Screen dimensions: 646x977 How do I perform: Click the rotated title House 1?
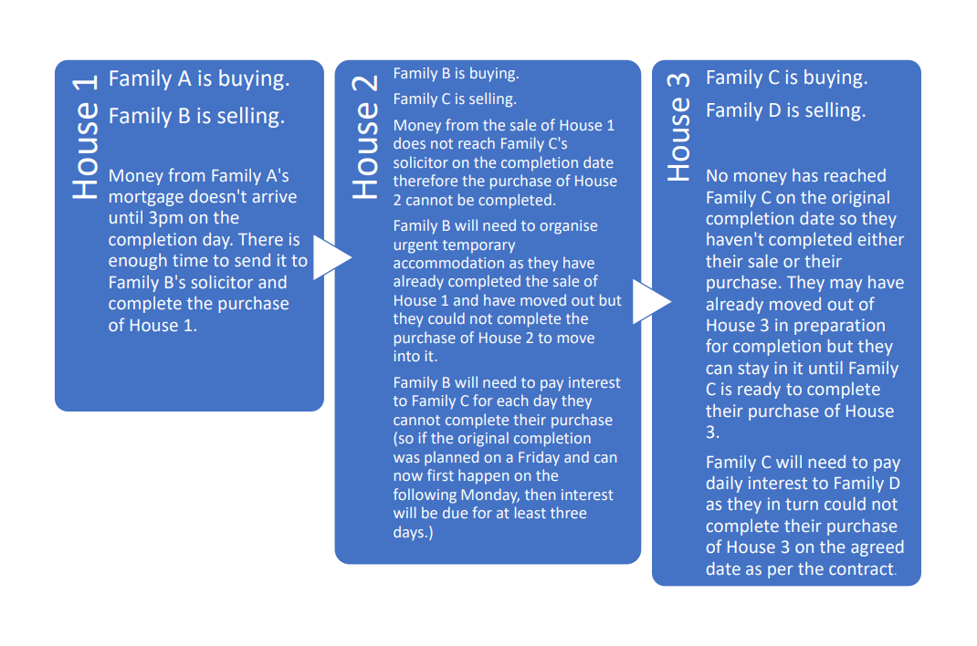(x=84, y=138)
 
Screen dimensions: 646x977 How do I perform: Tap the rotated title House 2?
(x=364, y=138)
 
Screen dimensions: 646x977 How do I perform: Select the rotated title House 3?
(x=678, y=127)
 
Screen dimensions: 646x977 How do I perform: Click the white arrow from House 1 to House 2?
(x=331, y=257)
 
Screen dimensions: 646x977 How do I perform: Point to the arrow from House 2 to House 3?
(x=651, y=302)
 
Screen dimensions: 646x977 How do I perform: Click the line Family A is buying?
(x=199, y=79)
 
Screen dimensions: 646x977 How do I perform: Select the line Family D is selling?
(x=786, y=111)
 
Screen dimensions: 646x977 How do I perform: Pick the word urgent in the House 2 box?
(x=416, y=245)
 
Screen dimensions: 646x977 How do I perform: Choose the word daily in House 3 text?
(x=729, y=484)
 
